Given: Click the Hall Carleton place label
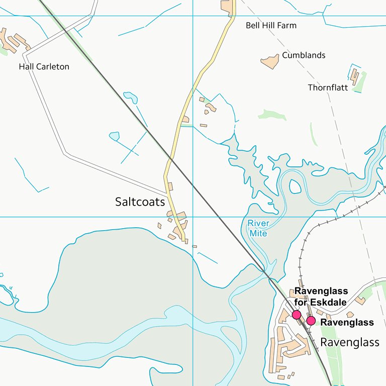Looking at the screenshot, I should coord(44,66).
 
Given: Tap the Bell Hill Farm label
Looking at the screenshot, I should coord(271,25).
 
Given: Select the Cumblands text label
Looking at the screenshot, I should coord(304,55).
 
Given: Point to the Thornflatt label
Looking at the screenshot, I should coord(328,87).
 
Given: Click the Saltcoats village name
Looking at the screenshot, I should coord(140,202).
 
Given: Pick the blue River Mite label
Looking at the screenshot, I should coord(258,228).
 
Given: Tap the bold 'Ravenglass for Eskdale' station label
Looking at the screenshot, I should coord(321,297).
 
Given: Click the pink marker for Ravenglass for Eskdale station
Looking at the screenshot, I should coord(297,315).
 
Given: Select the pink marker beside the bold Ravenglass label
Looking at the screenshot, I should coord(311,321).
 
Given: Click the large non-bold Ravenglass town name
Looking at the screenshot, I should coord(350,342).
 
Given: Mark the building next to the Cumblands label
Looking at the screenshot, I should coord(270,61).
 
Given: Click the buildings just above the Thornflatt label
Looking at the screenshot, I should coord(355,76).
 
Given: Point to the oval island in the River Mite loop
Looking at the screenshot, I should coord(297,186).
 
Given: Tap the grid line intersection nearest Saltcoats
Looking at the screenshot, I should coord(193,217).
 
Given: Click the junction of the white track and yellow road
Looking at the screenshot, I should coord(166,194).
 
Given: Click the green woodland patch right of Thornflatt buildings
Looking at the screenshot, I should coord(361,83).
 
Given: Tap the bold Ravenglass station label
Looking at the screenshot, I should coord(347,322).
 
